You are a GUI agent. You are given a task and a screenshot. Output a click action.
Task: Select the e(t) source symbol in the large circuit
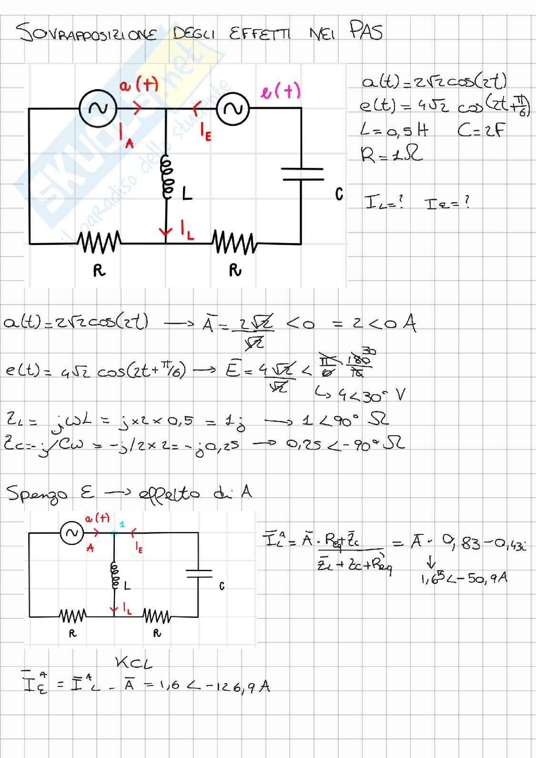pos(233,109)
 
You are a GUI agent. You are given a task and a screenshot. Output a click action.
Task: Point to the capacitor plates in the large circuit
pos(302,174)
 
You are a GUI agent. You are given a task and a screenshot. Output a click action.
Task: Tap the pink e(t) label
pos(281,91)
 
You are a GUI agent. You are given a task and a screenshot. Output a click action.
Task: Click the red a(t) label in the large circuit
pos(139,86)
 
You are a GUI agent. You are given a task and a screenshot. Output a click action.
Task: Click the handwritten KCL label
pos(134,663)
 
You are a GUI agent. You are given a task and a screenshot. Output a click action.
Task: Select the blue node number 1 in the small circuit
pos(122,524)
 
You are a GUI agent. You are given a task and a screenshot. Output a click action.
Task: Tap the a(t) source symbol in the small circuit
pos(71,533)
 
